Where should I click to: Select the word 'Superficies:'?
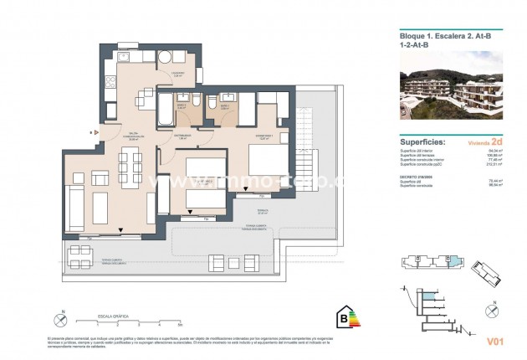[418, 143]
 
